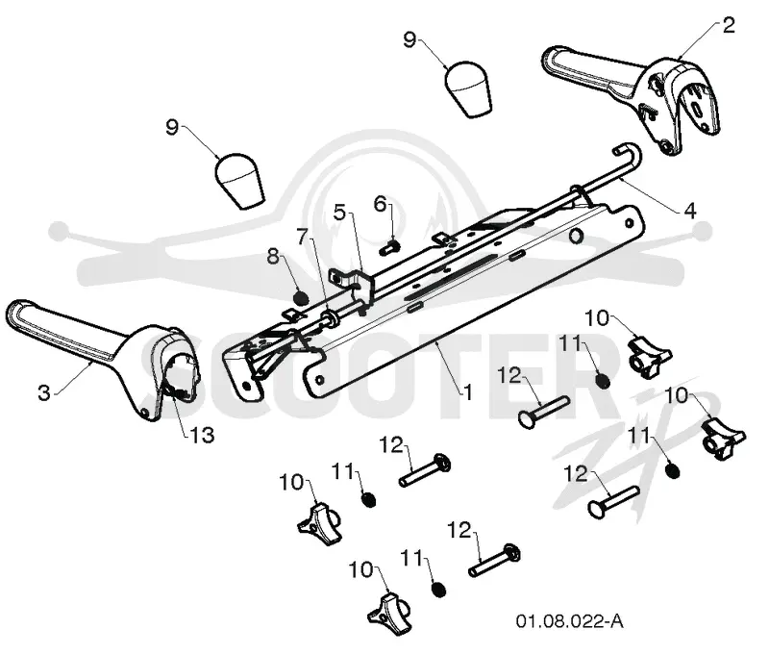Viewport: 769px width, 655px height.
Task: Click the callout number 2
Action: pyautogui.click(x=729, y=25)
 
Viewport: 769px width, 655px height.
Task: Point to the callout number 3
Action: pyautogui.click(x=44, y=392)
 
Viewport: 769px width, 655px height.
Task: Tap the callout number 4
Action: pyautogui.click(x=689, y=211)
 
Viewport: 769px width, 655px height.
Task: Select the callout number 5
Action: pyautogui.click(x=339, y=212)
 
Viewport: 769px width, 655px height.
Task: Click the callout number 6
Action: pyautogui.click(x=380, y=204)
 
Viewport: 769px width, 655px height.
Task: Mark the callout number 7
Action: pyautogui.click(x=303, y=237)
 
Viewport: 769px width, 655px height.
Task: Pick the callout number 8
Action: pyautogui.click(x=273, y=256)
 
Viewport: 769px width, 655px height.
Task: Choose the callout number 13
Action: pyautogui.click(x=202, y=435)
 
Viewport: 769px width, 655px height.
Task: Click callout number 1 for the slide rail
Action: pyautogui.click(x=469, y=392)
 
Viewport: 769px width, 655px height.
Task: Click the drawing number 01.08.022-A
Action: pyautogui.click(x=569, y=621)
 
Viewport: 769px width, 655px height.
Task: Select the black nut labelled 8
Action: pyautogui.click(x=300, y=297)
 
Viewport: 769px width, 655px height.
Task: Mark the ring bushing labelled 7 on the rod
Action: pyautogui.click(x=330, y=317)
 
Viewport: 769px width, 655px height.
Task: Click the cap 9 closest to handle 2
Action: pyautogui.click(x=468, y=88)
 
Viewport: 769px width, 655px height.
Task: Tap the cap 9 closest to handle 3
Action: pyautogui.click(x=238, y=182)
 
